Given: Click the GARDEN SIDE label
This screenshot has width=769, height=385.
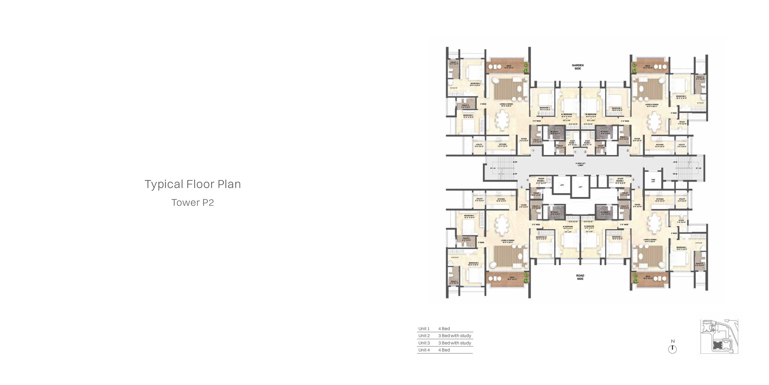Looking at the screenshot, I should click(x=578, y=67).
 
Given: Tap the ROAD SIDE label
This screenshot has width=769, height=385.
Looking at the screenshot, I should click(x=580, y=277).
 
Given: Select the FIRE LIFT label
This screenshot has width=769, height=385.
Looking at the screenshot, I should click(x=653, y=181).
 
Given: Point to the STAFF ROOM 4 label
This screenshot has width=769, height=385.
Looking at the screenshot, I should click(x=541, y=180).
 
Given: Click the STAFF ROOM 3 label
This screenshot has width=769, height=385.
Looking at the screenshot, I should click(x=620, y=180).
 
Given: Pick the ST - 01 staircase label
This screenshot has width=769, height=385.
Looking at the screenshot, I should click(x=493, y=168).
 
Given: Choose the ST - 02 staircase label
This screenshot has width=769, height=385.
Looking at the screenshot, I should click(x=698, y=168).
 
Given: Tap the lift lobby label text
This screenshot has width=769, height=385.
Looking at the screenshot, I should click(x=580, y=164).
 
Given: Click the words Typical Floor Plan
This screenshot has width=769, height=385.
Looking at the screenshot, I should click(x=192, y=184).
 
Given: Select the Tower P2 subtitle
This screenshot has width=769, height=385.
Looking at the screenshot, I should click(x=192, y=203).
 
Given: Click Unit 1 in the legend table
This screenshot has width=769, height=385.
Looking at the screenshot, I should click(x=424, y=328).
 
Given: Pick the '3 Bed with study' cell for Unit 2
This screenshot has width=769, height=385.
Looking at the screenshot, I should click(x=455, y=336).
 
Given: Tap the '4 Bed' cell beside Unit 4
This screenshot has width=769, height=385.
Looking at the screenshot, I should click(x=444, y=350).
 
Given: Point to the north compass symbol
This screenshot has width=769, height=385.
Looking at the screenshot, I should click(x=672, y=349).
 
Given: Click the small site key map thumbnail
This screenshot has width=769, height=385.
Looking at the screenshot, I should click(x=719, y=336).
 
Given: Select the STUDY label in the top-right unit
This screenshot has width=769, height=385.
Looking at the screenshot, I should click(x=682, y=123).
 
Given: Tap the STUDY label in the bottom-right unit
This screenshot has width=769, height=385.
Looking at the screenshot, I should click(x=681, y=221).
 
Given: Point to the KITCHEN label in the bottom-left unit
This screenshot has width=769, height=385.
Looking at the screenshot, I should click(x=501, y=200).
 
